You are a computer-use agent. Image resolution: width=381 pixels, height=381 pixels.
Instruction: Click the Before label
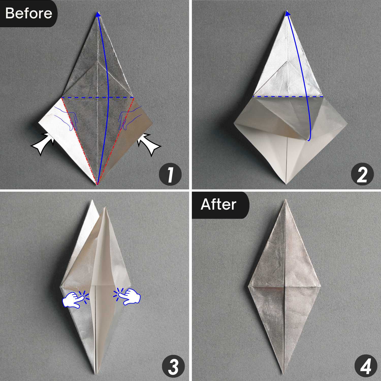28,13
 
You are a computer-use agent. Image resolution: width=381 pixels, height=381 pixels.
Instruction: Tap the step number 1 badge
170,175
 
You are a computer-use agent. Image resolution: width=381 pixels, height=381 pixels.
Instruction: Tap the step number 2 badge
362,175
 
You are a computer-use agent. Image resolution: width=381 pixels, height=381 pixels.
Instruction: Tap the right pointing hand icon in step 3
129,296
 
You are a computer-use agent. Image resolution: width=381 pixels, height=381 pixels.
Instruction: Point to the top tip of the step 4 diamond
285,201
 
